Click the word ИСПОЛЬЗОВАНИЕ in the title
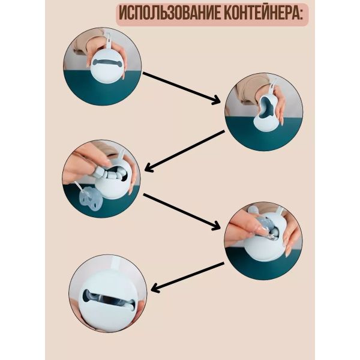[170, 14]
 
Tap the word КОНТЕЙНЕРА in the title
[261, 14]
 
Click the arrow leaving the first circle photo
[181, 88]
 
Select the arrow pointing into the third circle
[184, 151]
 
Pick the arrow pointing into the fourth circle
[181, 212]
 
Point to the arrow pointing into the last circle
[187, 277]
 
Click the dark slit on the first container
[108, 62]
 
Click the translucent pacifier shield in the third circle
[89, 197]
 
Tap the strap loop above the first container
[108, 41]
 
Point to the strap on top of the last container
[116, 264]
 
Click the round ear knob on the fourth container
[252, 211]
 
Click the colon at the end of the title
[301, 15]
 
